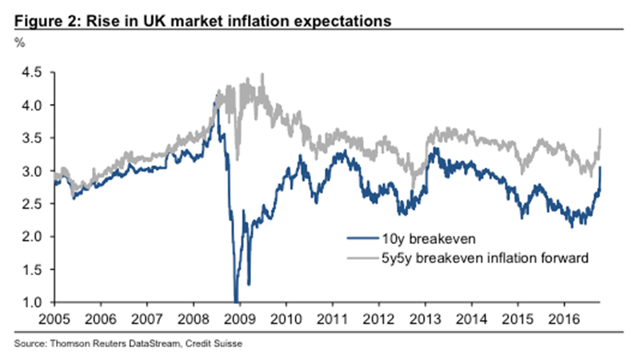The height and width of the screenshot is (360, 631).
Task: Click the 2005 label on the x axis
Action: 54,318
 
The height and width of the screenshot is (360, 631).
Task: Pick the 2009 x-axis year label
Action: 238,318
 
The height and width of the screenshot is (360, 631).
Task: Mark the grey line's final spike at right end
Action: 601,130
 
